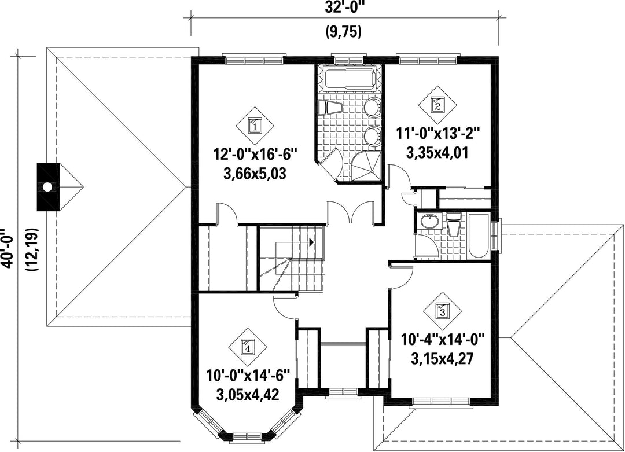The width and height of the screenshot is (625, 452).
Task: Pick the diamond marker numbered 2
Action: point(437,104)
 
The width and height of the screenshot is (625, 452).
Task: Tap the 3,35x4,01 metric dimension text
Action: point(437,153)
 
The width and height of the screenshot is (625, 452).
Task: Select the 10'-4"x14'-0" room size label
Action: point(442,340)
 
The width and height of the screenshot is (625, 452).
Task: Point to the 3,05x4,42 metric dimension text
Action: point(247,395)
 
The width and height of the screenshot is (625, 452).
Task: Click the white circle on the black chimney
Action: point(48,186)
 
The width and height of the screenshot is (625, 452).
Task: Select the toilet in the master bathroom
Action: point(330,108)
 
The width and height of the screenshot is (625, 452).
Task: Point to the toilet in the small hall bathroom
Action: point(454,225)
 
